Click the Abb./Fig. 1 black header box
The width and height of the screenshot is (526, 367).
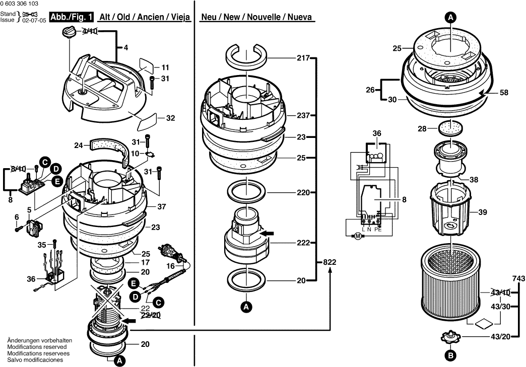click(72, 18)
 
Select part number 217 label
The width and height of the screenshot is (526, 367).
click(303, 58)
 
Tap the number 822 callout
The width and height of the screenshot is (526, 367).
click(330, 262)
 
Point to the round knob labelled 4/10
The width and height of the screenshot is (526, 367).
click(69, 33)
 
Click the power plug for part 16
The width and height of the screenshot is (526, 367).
click(170, 253)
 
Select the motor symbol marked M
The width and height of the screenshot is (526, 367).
click(358, 237)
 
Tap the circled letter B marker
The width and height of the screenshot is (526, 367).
click(450, 355)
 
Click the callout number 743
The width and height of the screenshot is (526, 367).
click(518, 278)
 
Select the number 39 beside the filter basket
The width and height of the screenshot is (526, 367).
click(483, 212)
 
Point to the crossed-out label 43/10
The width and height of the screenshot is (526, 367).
click(500, 293)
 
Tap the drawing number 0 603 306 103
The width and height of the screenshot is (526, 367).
click(20, 4)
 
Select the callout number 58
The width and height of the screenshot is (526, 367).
click(504, 93)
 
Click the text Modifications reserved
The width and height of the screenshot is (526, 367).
click(37, 347)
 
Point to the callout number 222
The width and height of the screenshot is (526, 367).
click(303, 243)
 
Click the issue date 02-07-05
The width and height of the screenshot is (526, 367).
click(34, 20)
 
